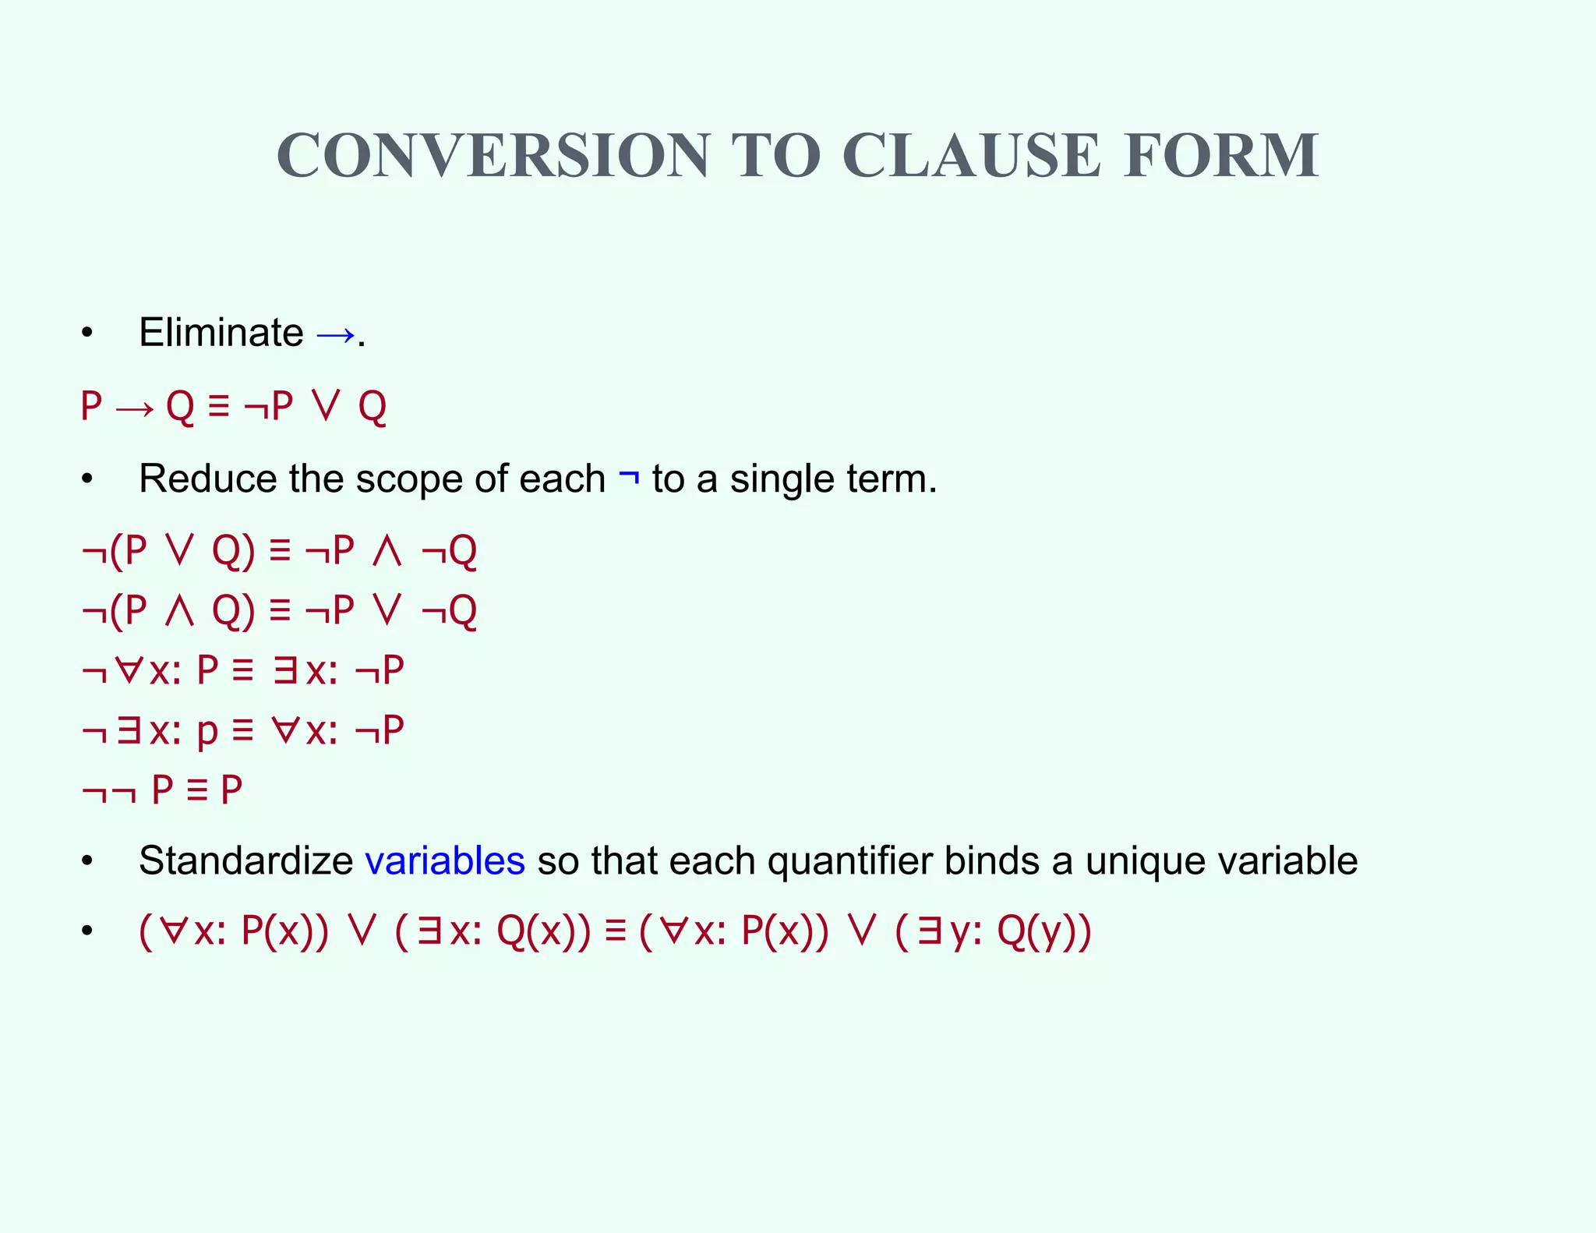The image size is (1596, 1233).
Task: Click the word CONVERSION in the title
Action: (x=493, y=155)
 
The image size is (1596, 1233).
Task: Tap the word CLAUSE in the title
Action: (x=971, y=155)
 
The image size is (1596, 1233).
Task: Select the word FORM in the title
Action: (x=1221, y=155)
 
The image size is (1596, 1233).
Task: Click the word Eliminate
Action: (x=221, y=333)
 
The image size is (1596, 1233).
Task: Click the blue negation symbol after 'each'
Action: (x=629, y=477)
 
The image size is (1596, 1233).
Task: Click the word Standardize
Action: (x=246, y=861)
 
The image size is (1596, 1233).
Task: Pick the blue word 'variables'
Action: (x=445, y=861)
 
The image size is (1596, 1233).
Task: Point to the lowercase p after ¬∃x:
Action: (x=207, y=733)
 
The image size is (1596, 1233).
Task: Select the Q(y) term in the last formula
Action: (x=1043, y=931)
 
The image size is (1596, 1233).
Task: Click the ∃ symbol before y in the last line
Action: (x=928, y=931)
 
